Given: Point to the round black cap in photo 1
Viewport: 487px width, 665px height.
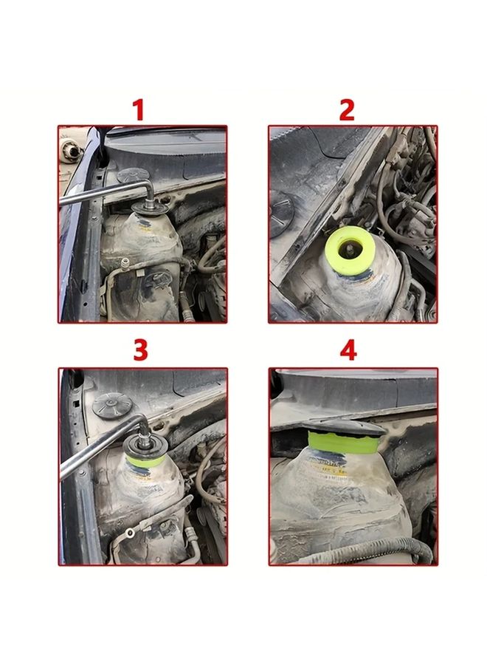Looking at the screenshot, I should click(131, 175).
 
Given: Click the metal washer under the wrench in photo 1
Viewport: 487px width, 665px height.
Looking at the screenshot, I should click(151, 211).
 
